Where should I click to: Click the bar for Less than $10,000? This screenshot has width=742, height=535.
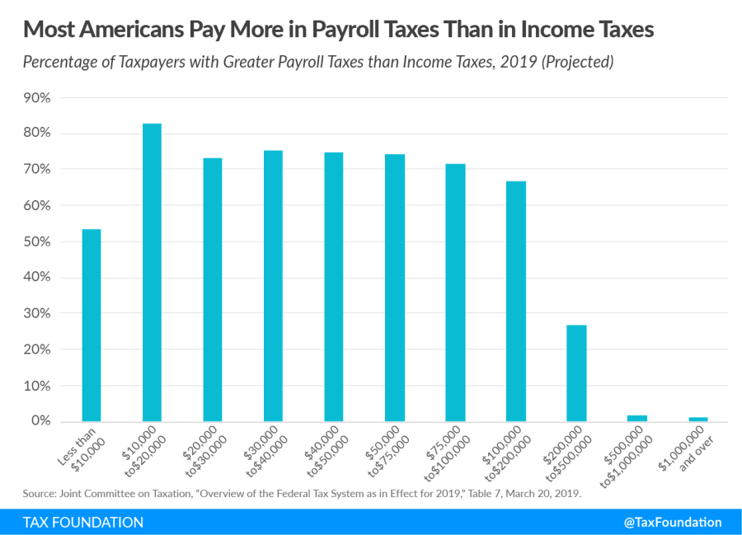[x=91, y=326]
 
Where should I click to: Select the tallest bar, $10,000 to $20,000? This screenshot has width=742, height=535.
[x=152, y=272]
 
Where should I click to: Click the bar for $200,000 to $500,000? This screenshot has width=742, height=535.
[x=576, y=373]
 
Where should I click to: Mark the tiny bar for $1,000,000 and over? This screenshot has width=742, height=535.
[x=698, y=419]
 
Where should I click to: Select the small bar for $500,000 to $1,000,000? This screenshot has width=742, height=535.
[x=637, y=418]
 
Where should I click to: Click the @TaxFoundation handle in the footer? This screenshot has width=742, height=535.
[x=674, y=522]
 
